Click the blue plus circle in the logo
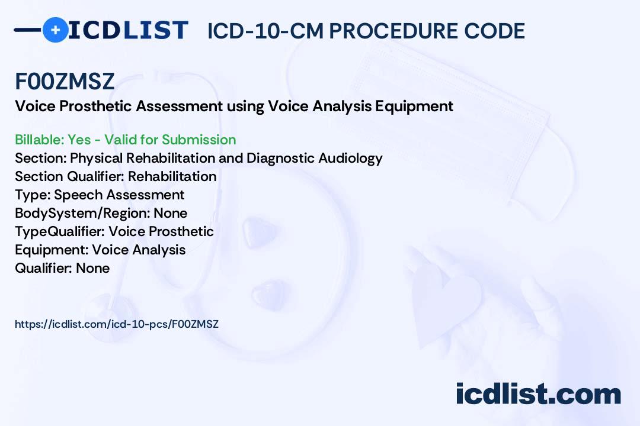pyautogui.click(x=55, y=30)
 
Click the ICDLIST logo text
pyautogui.click(x=128, y=30)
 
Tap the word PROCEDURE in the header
pyautogui.click(x=393, y=31)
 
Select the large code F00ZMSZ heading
pyautogui.click(x=65, y=81)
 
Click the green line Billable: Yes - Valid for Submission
pyautogui.click(x=125, y=140)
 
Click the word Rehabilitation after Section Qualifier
pyautogui.click(x=172, y=176)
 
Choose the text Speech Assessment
pyautogui.click(x=119, y=195)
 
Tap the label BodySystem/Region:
pyautogui.click(x=82, y=214)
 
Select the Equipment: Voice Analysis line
pyautogui.click(x=100, y=250)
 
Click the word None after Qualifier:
pyautogui.click(x=92, y=268)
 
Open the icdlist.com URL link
pyautogui.click(x=117, y=324)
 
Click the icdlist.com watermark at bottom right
pyautogui.click(x=538, y=393)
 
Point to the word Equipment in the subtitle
pyautogui.click(x=414, y=106)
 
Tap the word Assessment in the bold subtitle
pyautogui.click(x=179, y=106)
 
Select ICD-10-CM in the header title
pyautogui.click(x=265, y=31)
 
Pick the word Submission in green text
pyautogui.click(x=199, y=140)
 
